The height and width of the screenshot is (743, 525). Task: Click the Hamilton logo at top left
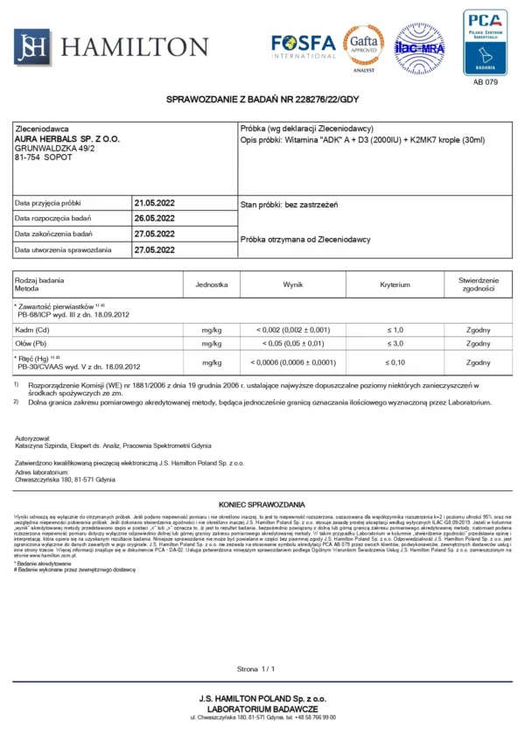click(111, 46)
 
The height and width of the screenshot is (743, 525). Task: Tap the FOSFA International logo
click(303, 46)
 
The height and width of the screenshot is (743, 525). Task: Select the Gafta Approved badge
click(363, 45)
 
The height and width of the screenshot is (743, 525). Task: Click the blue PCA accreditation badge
click(485, 42)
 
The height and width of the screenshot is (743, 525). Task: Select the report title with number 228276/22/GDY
click(262, 101)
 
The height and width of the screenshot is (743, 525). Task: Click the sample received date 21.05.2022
click(154, 203)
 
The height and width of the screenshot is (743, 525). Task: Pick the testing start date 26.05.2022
click(154, 218)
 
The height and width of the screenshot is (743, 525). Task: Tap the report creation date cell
click(154, 249)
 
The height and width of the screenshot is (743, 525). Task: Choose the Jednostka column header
click(213, 285)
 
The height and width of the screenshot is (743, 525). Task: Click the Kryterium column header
click(395, 285)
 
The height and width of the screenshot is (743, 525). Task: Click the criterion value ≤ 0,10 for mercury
click(395, 362)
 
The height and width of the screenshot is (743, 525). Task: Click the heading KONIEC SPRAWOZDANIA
click(262, 505)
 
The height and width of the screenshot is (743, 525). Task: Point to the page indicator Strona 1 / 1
click(256, 669)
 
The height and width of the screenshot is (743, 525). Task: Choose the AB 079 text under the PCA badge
click(486, 83)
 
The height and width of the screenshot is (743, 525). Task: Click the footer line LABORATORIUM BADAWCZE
click(262, 707)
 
